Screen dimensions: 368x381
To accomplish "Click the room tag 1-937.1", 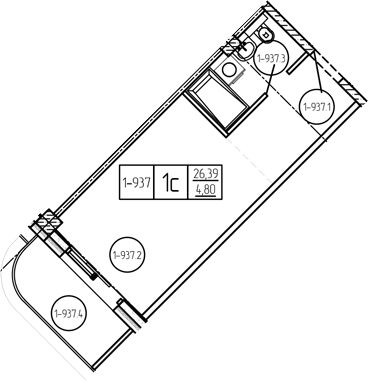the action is [x=317, y=107].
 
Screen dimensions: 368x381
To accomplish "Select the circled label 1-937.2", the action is [x=127, y=255].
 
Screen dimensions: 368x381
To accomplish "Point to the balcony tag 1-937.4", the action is [x=69, y=313].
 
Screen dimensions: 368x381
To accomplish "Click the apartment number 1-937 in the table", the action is [x=137, y=182].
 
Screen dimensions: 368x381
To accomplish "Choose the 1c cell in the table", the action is [x=171, y=183].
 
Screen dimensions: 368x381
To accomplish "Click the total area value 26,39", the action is [x=205, y=174].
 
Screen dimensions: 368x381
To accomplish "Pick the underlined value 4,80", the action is [x=205, y=190].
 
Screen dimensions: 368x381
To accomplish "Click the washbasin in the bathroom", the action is [x=245, y=49].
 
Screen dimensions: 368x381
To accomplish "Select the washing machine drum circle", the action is [x=229, y=70].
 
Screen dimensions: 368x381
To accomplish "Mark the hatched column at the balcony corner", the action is [x=47, y=221].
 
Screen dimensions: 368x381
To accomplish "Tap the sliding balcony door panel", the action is [x=81, y=262].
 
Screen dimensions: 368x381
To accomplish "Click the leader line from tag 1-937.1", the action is [x=316, y=69].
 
